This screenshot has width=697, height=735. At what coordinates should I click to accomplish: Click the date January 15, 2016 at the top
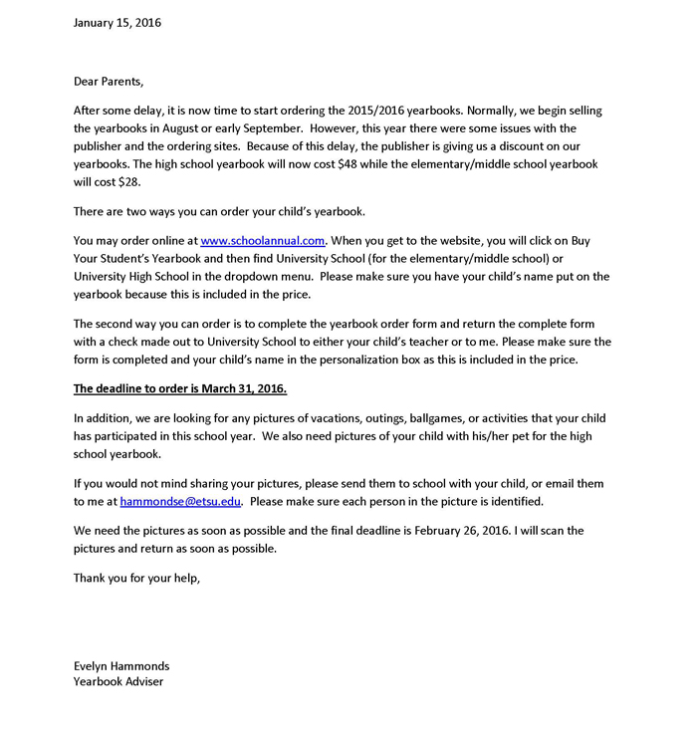(x=116, y=22)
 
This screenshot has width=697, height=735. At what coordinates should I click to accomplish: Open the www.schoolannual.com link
(x=263, y=240)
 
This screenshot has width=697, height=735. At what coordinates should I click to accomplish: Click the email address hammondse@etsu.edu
(x=182, y=501)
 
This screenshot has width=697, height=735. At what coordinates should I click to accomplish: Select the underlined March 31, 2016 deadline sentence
(x=180, y=388)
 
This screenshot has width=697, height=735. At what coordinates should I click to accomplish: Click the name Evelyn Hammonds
(x=121, y=665)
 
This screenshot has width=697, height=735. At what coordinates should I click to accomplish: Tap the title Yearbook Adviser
(x=118, y=682)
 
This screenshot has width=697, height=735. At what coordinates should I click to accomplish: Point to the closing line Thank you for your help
(x=137, y=578)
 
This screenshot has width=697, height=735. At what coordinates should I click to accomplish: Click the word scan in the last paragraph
(x=537, y=530)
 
